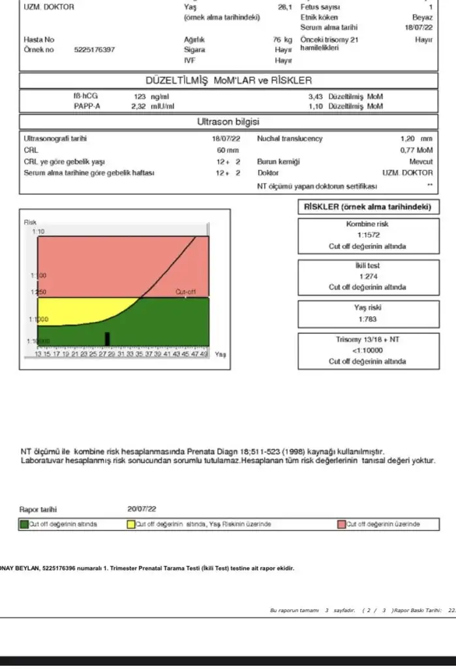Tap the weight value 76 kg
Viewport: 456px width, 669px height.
click(282, 40)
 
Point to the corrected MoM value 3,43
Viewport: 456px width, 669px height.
click(316, 96)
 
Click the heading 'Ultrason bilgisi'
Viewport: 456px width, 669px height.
click(228, 122)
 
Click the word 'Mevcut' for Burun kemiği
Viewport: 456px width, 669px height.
click(420, 161)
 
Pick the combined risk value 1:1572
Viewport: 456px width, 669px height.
click(368, 235)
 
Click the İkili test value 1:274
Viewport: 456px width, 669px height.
click(368, 276)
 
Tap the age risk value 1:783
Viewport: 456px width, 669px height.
click(368, 319)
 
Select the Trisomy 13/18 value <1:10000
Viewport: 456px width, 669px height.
click(368, 351)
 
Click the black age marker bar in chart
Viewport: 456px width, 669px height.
click(108, 338)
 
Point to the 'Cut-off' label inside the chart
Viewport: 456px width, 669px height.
click(185, 291)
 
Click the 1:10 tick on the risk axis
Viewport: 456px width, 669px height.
click(31, 232)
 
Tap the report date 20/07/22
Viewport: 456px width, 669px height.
click(143, 508)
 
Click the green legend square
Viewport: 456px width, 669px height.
click(24, 524)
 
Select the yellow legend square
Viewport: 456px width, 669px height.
click(130, 524)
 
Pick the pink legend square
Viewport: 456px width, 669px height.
click(341, 524)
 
